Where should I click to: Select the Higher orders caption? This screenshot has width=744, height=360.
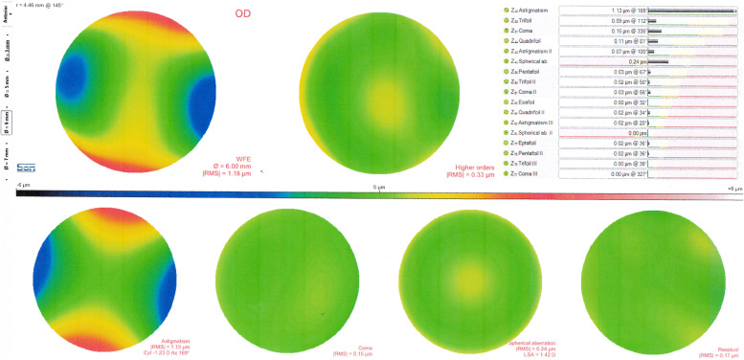click(x=468, y=169)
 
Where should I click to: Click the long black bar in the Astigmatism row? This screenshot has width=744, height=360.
click(x=690, y=11)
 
